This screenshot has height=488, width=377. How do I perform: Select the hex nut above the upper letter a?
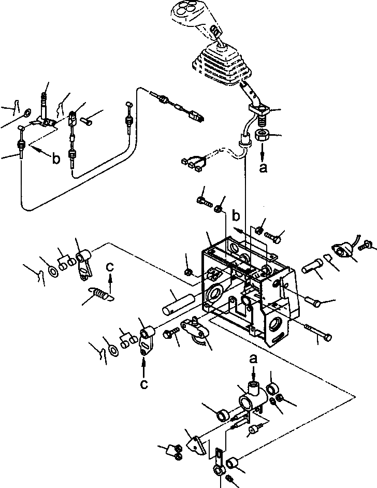tap(261, 136)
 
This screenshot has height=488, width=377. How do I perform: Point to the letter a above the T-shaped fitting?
tap(253, 358)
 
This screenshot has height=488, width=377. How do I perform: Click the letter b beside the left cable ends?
tap(55, 159)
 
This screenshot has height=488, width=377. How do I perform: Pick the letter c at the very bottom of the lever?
tap(143, 384)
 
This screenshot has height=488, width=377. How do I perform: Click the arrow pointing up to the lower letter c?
tap(143, 368)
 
